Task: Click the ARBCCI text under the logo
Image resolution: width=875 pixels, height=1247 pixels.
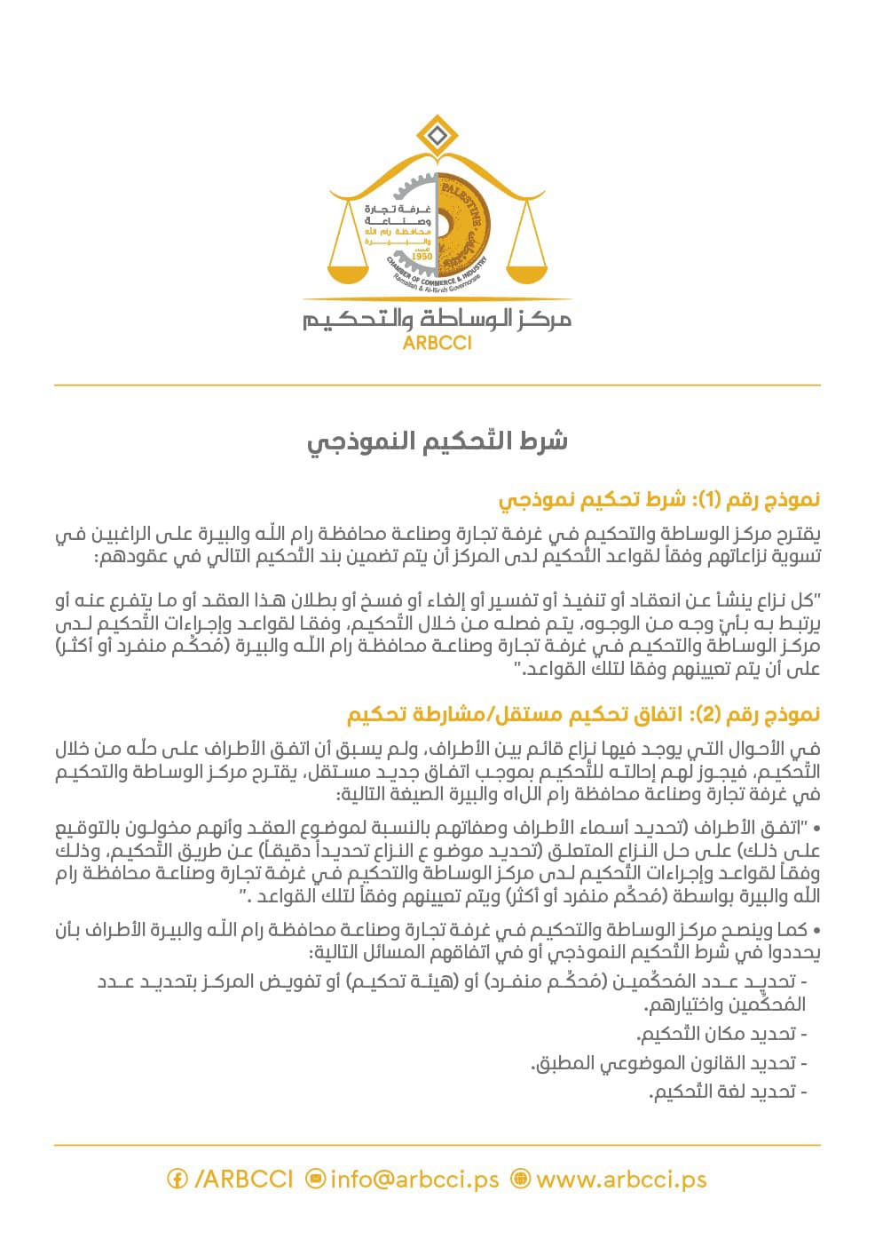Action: pos(437,342)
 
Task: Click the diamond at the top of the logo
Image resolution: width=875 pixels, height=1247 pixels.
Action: pos(435,137)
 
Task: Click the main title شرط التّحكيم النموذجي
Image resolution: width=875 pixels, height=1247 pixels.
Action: pos(437,441)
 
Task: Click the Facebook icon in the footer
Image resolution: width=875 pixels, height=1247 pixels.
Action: pos(177,1179)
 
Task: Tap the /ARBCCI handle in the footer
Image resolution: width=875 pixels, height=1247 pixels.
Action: pos(243,1179)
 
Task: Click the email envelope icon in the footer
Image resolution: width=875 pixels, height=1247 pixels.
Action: pos(315,1179)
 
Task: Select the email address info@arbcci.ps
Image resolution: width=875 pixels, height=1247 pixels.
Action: pos(414,1179)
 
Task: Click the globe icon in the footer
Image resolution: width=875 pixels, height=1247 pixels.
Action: pos(521,1179)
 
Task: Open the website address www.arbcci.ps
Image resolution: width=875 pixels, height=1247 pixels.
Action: pos(621,1179)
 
